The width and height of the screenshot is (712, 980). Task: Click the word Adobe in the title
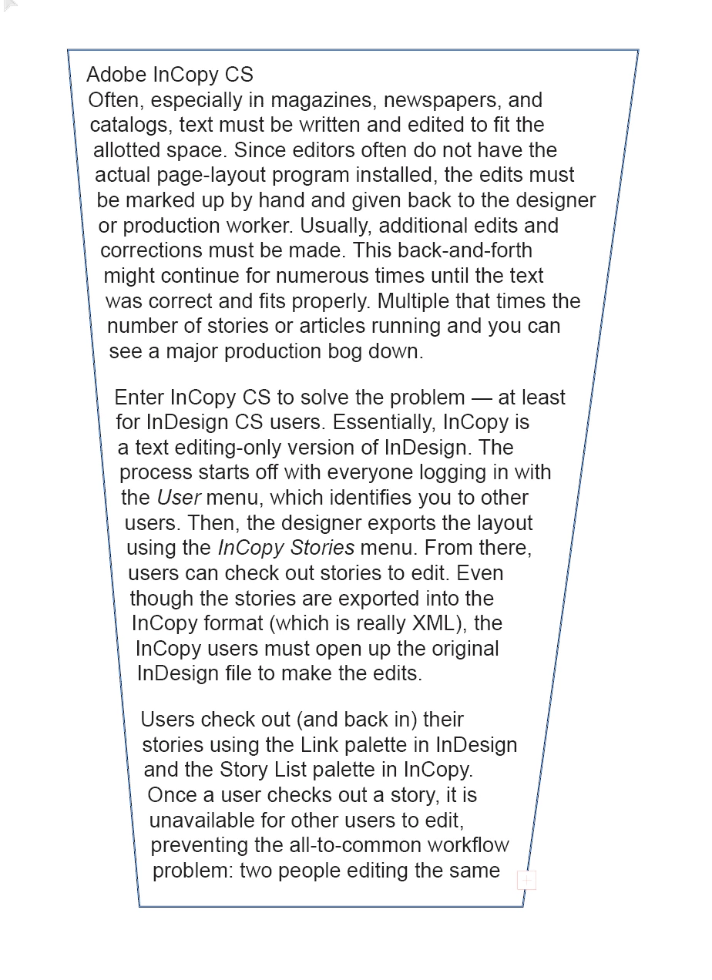pos(116,75)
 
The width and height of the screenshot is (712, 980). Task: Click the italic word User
pos(179,498)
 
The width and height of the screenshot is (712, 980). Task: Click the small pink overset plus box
pos(526,880)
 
